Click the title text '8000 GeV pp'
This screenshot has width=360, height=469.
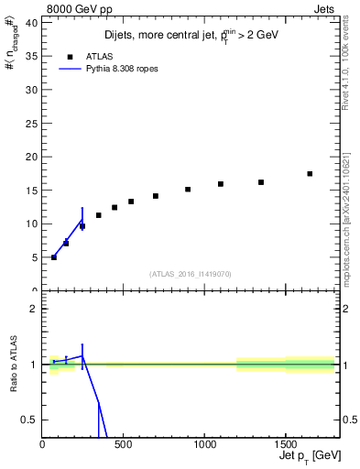point(73,9)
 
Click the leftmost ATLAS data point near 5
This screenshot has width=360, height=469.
point(54,257)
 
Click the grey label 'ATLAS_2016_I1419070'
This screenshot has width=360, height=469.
point(191,273)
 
